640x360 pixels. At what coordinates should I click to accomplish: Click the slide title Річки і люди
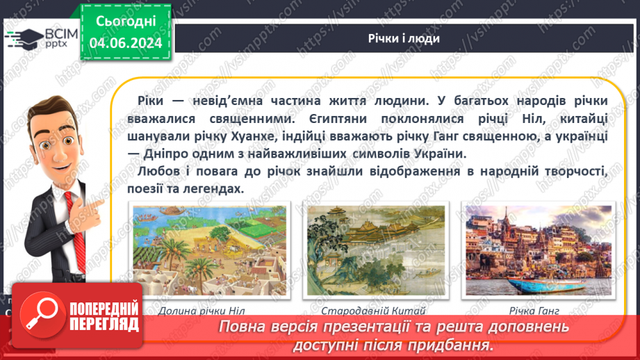404,38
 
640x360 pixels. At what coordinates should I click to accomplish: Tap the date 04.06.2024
126,43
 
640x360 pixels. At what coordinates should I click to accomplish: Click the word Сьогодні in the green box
126,22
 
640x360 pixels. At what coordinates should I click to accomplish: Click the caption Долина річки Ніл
202,311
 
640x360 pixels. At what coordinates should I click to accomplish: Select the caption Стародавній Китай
373,311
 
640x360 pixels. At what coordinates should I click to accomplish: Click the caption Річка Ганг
534,311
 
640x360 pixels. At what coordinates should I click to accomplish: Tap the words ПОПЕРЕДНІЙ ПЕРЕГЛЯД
104,316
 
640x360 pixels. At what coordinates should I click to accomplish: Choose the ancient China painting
376,250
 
